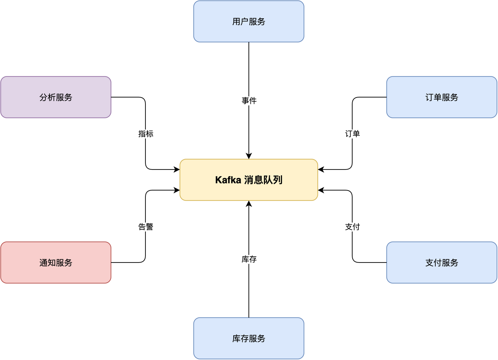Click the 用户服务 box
[x=249, y=21]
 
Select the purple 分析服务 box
[x=56, y=97]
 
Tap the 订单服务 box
[x=442, y=97]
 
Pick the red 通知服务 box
[x=56, y=263]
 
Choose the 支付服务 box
[x=442, y=263]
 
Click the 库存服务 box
[x=249, y=338]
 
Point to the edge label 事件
[x=249, y=101]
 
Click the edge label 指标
[x=145, y=134]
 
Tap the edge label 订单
[x=352, y=134]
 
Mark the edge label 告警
[x=145, y=227]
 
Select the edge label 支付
[x=352, y=227]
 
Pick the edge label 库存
[x=249, y=259]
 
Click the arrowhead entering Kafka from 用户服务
[x=249, y=156]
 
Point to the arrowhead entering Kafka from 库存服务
[x=249, y=204]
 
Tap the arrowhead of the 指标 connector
[x=177, y=169]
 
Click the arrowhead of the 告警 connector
[x=177, y=190]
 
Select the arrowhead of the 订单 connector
[x=321, y=169]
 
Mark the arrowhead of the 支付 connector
[x=321, y=190]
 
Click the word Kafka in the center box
[x=228, y=180]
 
